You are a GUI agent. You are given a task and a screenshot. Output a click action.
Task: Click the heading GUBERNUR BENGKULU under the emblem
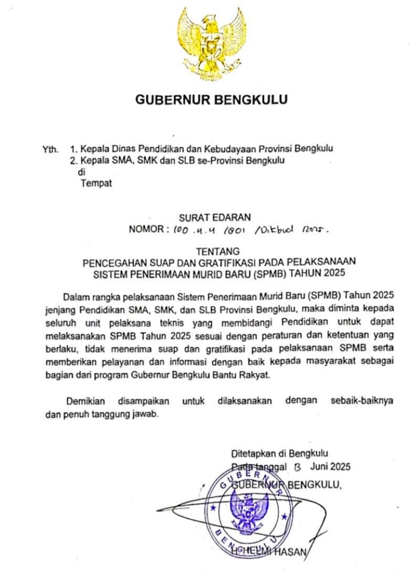(211, 99)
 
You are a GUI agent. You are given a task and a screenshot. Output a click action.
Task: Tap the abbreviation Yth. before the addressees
(50, 150)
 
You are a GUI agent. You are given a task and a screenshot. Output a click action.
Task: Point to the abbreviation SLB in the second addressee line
(206, 161)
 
